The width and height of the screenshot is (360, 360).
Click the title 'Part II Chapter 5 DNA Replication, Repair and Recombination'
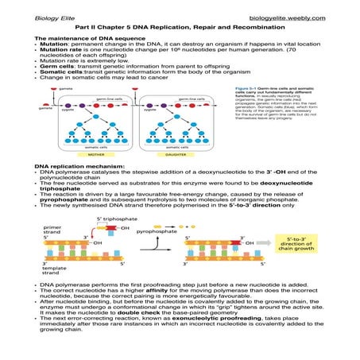pyautogui.click(x=180, y=25)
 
